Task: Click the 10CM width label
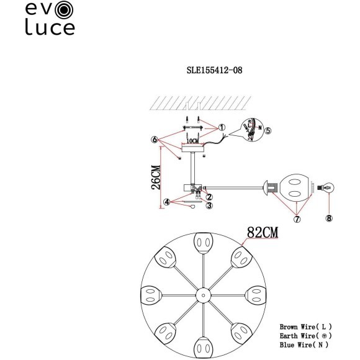pyautogui.click(x=194, y=141)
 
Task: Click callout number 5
pyautogui.click(x=268, y=132)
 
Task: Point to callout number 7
pyautogui.click(x=297, y=219)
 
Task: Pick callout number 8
pyautogui.click(x=329, y=218)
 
